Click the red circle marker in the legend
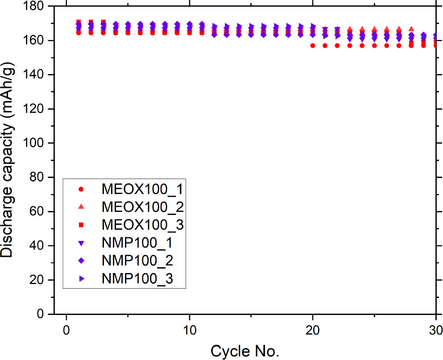point(81,189)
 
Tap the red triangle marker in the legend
point(81,207)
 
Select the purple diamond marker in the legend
point(81,261)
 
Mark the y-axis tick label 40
point(36,246)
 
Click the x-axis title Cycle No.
point(245,351)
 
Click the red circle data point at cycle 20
point(313,46)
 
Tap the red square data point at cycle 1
point(79,22)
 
